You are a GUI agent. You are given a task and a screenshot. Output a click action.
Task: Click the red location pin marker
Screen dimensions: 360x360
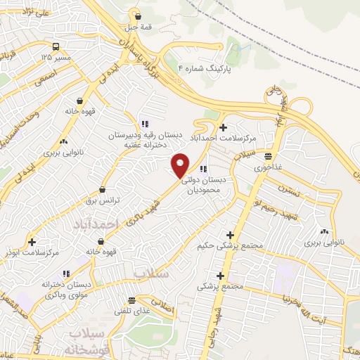[181, 165]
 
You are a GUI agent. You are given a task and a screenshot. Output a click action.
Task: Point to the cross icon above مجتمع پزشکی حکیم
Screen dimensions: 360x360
[230, 234]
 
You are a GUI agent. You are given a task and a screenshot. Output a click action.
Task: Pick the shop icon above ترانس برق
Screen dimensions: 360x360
[103, 189]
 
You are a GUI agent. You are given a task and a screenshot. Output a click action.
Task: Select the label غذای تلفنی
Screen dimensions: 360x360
[131, 310]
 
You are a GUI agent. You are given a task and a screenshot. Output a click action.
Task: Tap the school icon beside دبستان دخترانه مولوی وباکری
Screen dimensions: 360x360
[65, 274]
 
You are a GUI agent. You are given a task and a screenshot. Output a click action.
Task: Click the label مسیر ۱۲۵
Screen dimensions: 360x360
[56, 56]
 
